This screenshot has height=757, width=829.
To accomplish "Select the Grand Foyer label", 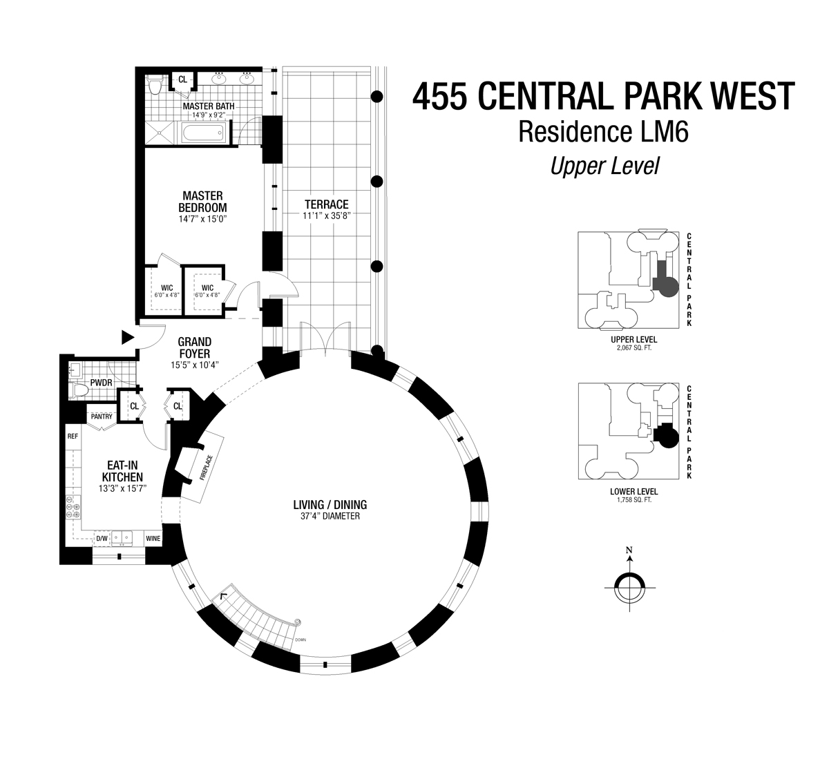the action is [195, 347].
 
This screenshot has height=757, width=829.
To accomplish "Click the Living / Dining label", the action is [330, 504].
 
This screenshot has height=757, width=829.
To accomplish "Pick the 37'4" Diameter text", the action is [330, 516].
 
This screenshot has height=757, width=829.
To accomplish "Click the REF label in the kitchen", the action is [72, 437].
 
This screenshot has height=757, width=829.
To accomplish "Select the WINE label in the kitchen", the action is [153, 538].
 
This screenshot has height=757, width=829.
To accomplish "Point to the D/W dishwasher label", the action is [102, 538].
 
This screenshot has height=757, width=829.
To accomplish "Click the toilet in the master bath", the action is [155, 86].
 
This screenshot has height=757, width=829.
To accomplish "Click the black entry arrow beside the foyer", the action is [127, 337].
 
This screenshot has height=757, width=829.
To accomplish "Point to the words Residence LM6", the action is [603, 131].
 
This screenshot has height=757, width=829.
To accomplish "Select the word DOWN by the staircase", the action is [300, 640].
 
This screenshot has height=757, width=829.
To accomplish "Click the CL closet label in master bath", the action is [182, 80].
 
